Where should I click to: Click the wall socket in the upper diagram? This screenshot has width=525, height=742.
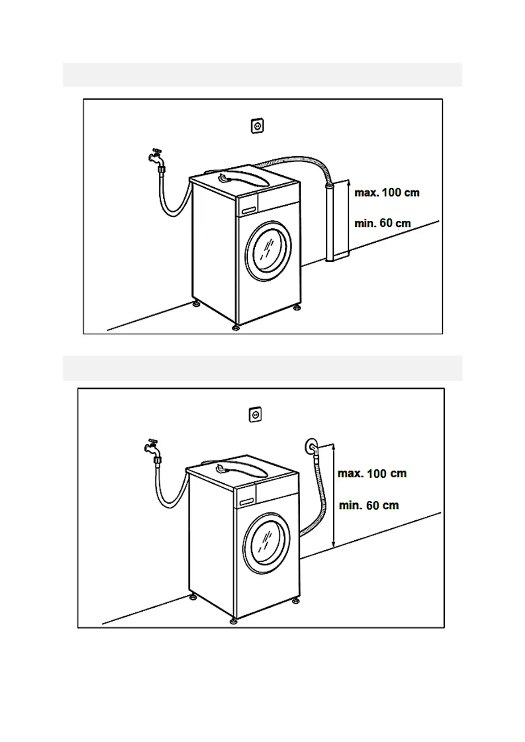pyautogui.click(x=257, y=126)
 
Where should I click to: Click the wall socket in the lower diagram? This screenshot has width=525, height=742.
pyautogui.click(x=255, y=414)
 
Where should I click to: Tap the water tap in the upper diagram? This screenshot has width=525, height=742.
pyautogui.click(x=156, y=157)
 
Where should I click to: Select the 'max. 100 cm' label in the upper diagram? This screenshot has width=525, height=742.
pyautogui.click(x=387, y=193)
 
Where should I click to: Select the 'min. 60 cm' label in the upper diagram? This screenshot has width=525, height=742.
pyautogui.click(x=382, y=223)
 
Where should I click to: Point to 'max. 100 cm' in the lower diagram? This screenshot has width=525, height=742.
pyautogui.click(x=372, y=474)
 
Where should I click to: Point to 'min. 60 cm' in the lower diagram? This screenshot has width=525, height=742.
pyautogui.click(x=369, y=505)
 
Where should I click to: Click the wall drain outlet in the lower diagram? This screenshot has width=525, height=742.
pyautogui.click(x=311, y=447)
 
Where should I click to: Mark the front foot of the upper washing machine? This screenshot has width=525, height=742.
pyautogui.click(x=236, y=328)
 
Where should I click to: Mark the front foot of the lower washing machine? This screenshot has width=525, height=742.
pyautogui.click(x=233, y=621)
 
